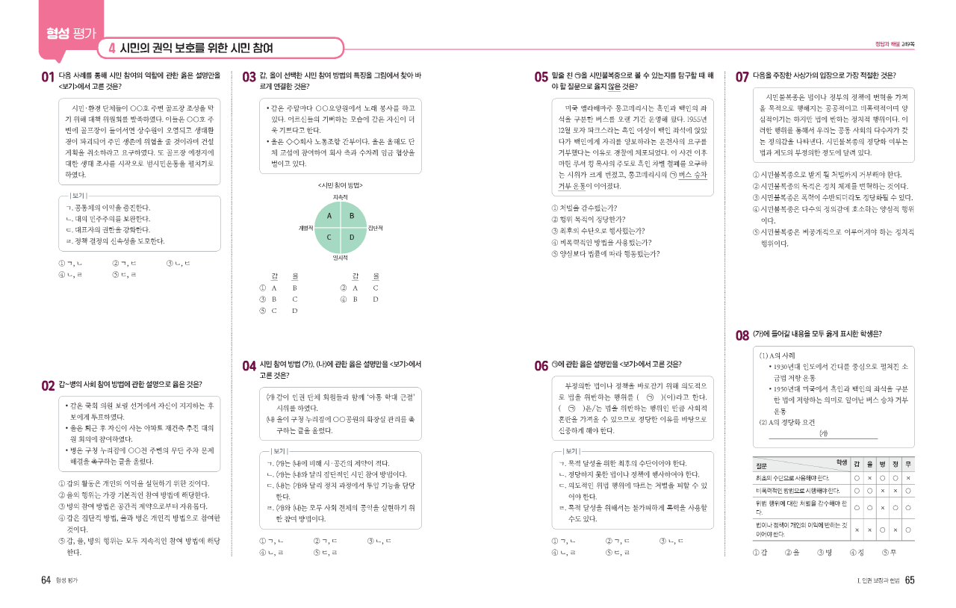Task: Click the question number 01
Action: [48, 76]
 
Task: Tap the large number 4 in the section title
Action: [111, 49]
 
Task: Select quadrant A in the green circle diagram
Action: [329, 216]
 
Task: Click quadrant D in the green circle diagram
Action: [352, 237]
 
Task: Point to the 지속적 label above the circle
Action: [341, 196]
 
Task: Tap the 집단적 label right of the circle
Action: [376, 226]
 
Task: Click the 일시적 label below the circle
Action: [341, 258]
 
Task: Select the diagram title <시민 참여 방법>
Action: [341, 184]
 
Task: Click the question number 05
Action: [541, 76]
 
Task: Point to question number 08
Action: [742, 335]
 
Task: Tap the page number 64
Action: [46, 580]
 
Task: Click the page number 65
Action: [909, 580]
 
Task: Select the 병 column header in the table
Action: [882, 464]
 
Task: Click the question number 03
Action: [249, 76]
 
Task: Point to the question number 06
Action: [541, 365]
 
